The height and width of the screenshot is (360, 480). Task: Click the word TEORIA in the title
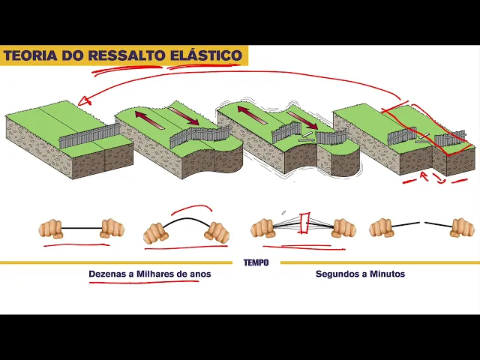[28, 56]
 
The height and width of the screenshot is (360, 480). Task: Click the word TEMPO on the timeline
[256, 262]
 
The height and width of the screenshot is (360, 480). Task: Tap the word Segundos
[337, 274]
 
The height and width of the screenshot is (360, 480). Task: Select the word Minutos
[387, 274]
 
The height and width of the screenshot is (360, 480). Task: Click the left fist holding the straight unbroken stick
[51, 228]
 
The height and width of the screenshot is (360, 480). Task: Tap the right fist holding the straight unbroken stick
[112, 228]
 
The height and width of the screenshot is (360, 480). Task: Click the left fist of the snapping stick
[263, 227]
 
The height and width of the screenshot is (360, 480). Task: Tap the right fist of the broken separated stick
[462, 227]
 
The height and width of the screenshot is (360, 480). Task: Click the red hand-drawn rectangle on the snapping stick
[304, 223]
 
